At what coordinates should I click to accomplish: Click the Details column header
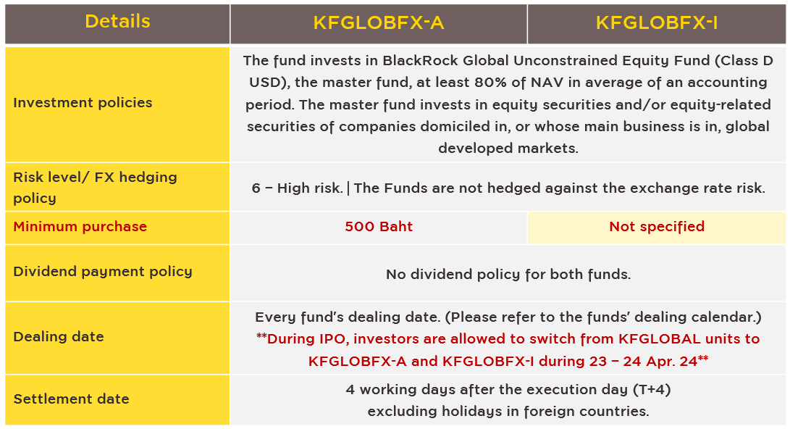click(117, 21)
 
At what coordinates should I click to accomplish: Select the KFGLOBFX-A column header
click(379, 22)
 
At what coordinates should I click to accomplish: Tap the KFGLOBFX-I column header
click(657, 22)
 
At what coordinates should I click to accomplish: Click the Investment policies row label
click(83, 102)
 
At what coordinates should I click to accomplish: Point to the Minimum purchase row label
click(80, 226)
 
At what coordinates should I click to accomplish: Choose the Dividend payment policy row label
click(103, 271)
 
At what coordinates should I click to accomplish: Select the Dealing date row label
click(59, 336)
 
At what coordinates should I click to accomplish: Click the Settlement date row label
click(71, 399)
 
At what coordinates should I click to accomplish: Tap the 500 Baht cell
click(379, 226)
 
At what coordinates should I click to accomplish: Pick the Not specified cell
click(657, 226)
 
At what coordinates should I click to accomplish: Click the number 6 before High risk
click(256, 188)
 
